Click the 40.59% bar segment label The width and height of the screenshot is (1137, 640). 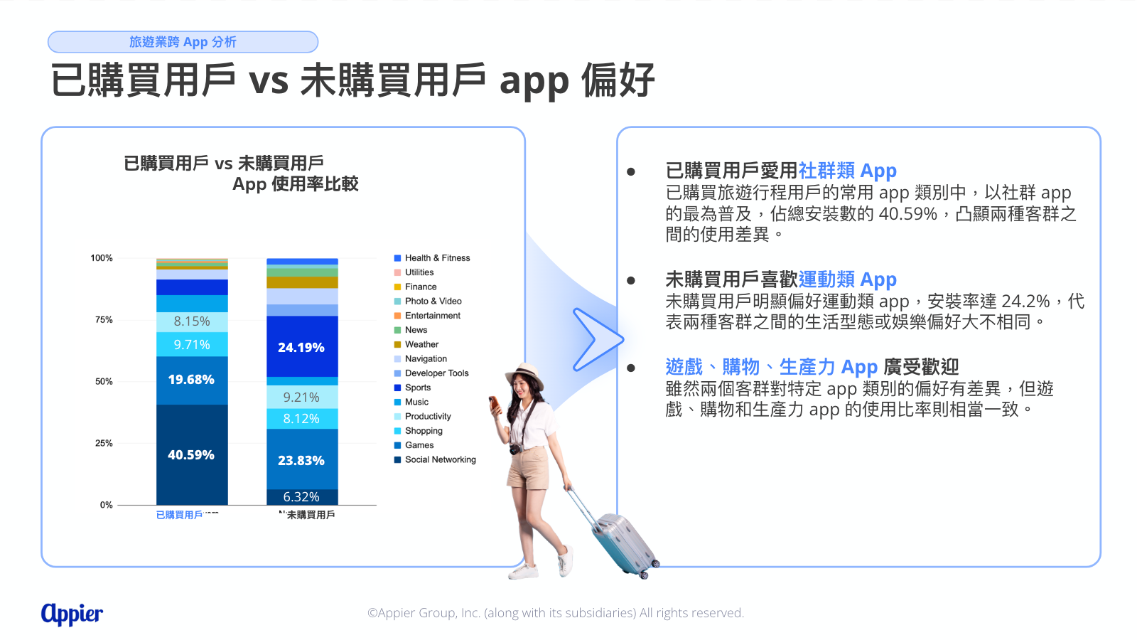(191, 454)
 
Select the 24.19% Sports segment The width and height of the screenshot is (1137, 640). (302, 346)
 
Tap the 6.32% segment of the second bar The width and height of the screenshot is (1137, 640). (302, 497)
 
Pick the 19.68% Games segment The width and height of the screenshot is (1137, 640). (192, 380)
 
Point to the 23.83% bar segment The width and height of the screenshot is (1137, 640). (301, 460)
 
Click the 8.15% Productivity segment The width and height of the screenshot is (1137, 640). (192, 321)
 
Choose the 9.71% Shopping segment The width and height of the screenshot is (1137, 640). (192, 344)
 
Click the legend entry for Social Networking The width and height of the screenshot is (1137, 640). (435, 459)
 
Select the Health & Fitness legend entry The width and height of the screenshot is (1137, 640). (432, 258)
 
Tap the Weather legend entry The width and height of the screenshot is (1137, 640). (416, 344)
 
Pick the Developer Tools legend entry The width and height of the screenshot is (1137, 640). (431, 373)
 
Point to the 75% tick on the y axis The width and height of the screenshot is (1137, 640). (104, 319)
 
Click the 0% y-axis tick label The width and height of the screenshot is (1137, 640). (106, 505)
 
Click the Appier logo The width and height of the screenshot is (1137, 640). (72, 614)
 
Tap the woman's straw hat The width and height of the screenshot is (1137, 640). (524, 373)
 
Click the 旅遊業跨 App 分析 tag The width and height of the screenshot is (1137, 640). (183, 42)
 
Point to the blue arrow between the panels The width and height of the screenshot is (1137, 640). (597, 339)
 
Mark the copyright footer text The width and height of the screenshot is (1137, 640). (556, 613)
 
